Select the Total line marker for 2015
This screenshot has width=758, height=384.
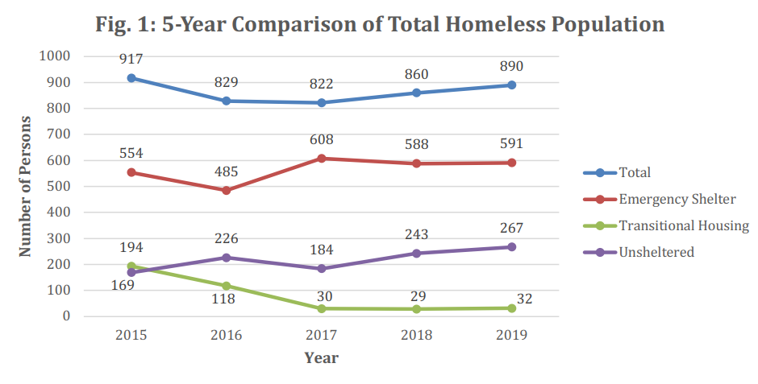pos(131,78)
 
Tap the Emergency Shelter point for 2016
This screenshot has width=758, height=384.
pos(227,190)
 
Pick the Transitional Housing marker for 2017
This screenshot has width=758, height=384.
pos(321,308)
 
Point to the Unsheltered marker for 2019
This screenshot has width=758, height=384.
pos(511,247)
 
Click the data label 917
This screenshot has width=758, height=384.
pos(131,60)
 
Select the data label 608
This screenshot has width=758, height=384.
pos(321,139)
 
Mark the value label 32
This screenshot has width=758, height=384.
pos(523,299)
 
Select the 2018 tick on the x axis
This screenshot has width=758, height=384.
pos(416,334)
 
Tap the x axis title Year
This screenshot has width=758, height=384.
pos(321,357)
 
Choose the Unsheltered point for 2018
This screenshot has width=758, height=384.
pos(416,253)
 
